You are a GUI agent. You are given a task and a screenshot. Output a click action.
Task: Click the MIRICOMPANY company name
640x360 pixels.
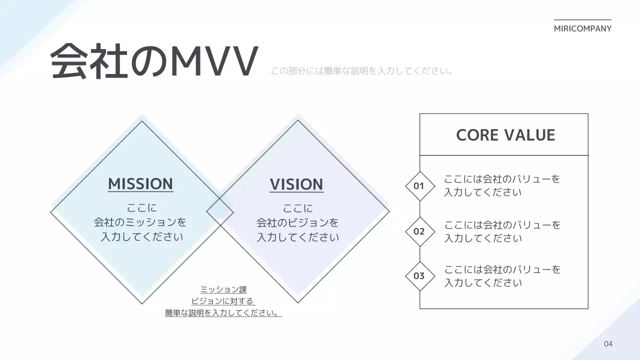[x=582, y=28]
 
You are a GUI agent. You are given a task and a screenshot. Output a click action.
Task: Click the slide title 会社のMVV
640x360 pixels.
[x=154, y=62]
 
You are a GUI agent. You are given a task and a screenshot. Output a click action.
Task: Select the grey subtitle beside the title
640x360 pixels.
[x=362, y=71]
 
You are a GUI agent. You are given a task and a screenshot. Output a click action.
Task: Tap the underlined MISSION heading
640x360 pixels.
[x=140, y=184]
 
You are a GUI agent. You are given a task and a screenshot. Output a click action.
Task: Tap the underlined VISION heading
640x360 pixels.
[x=296, y=184]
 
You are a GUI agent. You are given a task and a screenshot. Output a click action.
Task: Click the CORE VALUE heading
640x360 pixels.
[x=505, y=135]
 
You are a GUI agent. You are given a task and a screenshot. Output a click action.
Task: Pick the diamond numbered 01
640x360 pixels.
[x=419, y=186]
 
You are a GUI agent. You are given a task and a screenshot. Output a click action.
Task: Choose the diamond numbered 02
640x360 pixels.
[x=419, y=231]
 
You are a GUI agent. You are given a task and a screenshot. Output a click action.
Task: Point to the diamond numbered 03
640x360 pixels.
[x=419, y=276]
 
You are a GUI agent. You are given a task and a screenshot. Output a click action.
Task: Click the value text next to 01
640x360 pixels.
[x=502, y=185]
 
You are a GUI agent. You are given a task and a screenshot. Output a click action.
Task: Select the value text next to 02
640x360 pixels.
[x=502, y=231]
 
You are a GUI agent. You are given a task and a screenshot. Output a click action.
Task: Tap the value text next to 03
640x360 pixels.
[x=502, y=276]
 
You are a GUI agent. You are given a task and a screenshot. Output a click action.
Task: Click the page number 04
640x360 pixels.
[x=608, y=344]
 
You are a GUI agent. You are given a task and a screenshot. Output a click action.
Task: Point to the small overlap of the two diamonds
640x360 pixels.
[x=220, y=212]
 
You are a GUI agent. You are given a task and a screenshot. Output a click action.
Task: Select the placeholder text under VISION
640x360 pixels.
[x=297, y=222]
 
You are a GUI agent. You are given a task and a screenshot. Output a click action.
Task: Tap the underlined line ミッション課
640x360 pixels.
[x=223, y=289]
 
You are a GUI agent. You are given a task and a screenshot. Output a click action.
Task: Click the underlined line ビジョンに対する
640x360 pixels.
[x=223, y=301]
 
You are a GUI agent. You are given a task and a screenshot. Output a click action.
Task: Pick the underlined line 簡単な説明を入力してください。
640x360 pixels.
[x=223, y=313]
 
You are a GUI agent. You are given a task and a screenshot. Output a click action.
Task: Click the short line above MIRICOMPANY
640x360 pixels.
[x=582, y=20]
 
